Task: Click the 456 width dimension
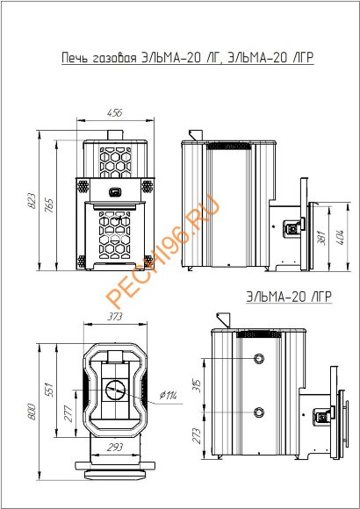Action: [x=114, y=113]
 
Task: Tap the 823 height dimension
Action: [x=32, y=201]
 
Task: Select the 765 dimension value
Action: [x=50, y=207]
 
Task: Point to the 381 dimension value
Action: [x=322, y=237]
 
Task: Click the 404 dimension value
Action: [x=340, y=237]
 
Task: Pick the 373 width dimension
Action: [x=115, y=316]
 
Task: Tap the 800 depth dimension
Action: [x=32, y=412]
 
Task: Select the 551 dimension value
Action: [x=49, y=390]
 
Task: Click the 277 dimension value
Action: [x=68, y=413]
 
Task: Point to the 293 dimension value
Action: [x=115, y=447]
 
